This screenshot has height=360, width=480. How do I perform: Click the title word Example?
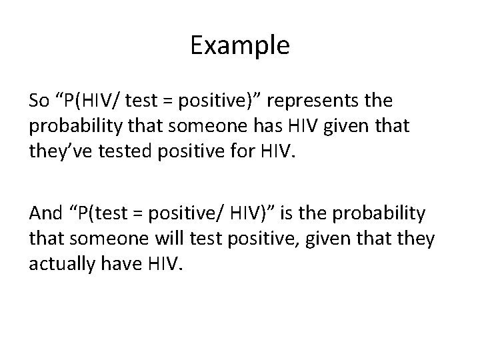239,45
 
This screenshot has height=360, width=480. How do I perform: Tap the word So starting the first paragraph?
39,101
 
